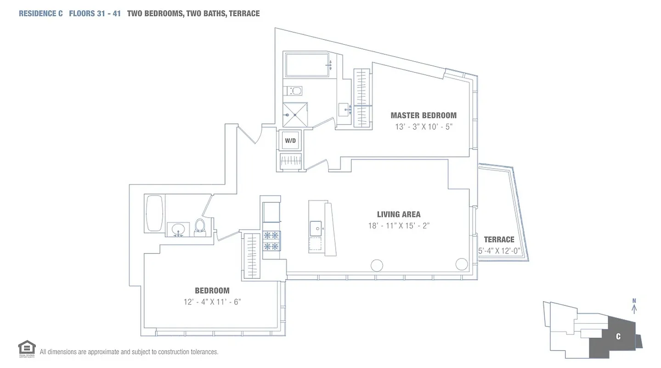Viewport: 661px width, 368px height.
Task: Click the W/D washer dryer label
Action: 290,141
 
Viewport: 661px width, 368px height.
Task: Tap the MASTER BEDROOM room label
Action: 423,115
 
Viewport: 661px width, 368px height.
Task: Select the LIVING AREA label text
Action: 398,214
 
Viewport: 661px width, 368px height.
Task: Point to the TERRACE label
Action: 499,239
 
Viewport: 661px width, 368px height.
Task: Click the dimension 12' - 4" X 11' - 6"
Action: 212,302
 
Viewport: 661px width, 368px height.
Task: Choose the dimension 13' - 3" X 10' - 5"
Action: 424,126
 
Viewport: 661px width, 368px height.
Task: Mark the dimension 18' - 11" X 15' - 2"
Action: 399,225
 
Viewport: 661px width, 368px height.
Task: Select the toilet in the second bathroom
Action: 200,226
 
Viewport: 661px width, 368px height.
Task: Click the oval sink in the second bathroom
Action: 178,229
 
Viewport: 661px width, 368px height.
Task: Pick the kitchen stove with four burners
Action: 271,241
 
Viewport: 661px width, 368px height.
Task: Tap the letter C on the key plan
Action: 618,336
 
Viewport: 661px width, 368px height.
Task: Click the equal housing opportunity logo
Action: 27,349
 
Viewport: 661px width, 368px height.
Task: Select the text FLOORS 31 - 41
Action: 95,13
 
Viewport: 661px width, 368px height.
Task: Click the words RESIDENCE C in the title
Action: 40,13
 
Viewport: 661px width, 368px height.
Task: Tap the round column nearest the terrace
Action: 461,264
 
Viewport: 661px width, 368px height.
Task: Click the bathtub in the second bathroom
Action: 154,214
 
